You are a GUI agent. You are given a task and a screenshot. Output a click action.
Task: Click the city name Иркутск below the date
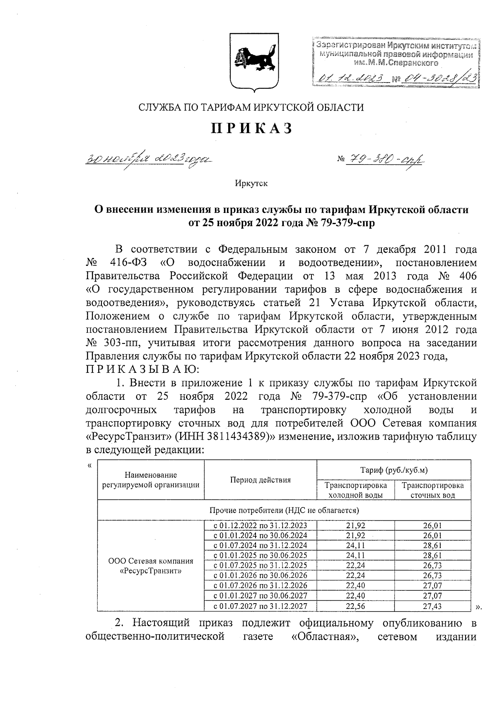251,183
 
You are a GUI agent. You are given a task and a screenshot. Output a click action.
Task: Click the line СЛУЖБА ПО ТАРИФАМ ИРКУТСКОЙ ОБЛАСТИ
251,108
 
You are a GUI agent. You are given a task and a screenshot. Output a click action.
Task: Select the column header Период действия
260,480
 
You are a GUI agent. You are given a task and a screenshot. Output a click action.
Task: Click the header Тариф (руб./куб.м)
393,470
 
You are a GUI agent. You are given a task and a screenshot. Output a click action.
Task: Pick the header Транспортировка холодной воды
355,490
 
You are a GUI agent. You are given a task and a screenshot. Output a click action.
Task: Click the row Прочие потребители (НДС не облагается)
284,510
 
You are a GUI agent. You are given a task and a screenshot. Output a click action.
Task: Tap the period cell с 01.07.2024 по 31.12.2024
260,545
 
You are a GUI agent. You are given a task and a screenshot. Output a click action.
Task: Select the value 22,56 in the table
355,606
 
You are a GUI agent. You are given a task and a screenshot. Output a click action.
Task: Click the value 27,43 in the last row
432,606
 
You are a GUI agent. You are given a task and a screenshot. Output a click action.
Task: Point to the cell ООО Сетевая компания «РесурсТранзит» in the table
151,565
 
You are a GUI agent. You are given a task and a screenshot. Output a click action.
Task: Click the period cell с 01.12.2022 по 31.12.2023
260,525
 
